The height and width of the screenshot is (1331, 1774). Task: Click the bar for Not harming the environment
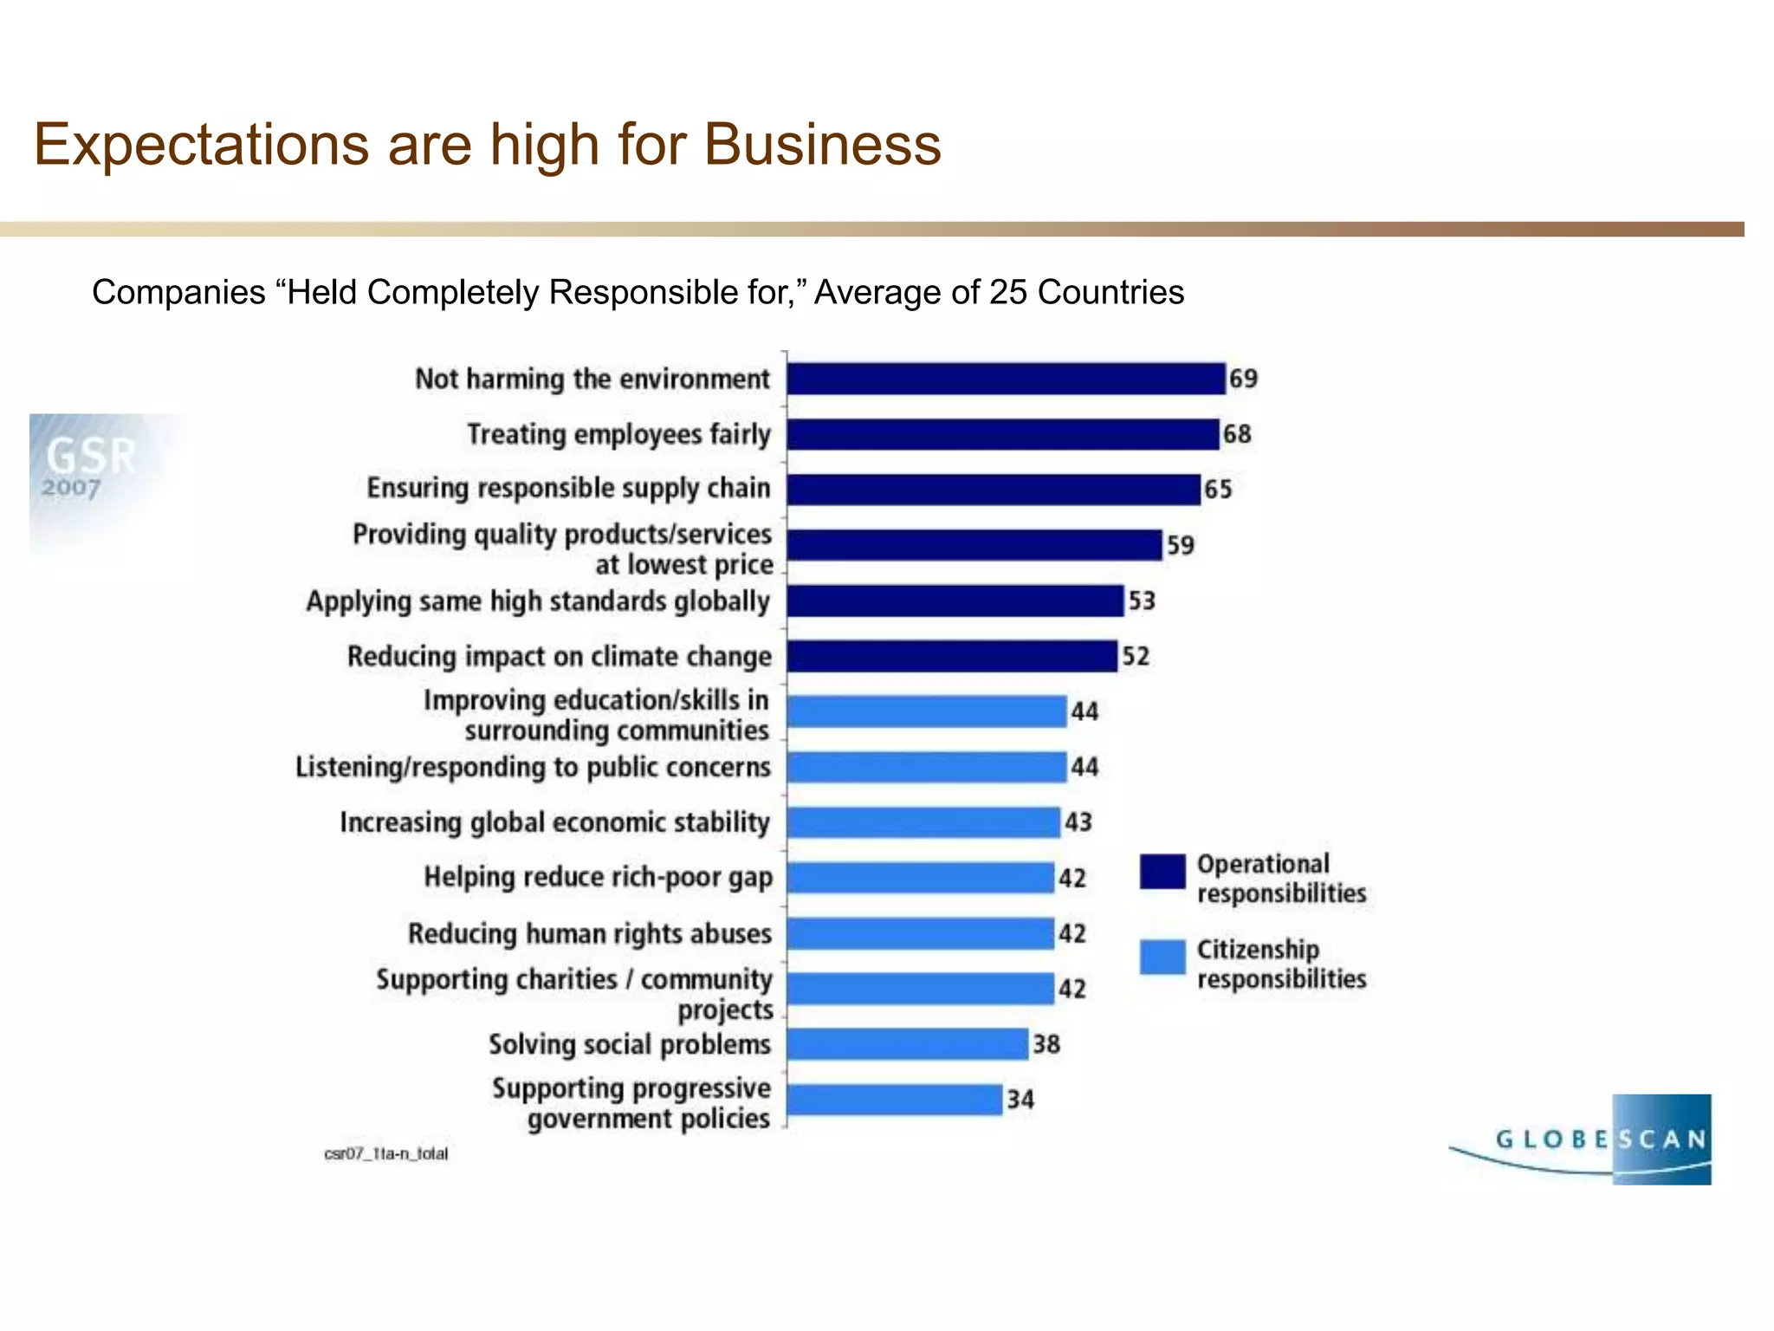click(1006, 380)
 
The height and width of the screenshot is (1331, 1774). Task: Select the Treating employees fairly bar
click(1003, 434)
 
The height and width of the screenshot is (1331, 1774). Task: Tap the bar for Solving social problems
click(907, 1044)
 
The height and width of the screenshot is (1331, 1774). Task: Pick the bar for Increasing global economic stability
click(923, 822)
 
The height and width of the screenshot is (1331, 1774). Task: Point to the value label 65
click(1218, 490)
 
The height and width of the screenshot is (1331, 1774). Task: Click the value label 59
click(1180, 545)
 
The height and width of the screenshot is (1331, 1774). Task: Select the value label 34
click(1020, 1101)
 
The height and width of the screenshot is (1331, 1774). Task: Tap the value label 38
click(1046, 1045)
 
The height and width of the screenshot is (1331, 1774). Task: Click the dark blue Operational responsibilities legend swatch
click(1162, 872)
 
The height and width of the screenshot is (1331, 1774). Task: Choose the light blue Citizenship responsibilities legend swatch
click(1162, 958)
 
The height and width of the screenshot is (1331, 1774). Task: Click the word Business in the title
click(822, 145)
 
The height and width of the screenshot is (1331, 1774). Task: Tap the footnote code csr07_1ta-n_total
click(386, 1154)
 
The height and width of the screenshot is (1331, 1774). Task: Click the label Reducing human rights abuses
click(589, 934)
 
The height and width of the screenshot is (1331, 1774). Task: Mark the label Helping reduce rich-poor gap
click(598, 878)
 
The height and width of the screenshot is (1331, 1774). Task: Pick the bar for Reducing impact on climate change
click(952, 656)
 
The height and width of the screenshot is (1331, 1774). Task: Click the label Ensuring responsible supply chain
click(568, 489)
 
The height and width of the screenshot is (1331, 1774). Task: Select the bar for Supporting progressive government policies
click(895, 1101)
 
